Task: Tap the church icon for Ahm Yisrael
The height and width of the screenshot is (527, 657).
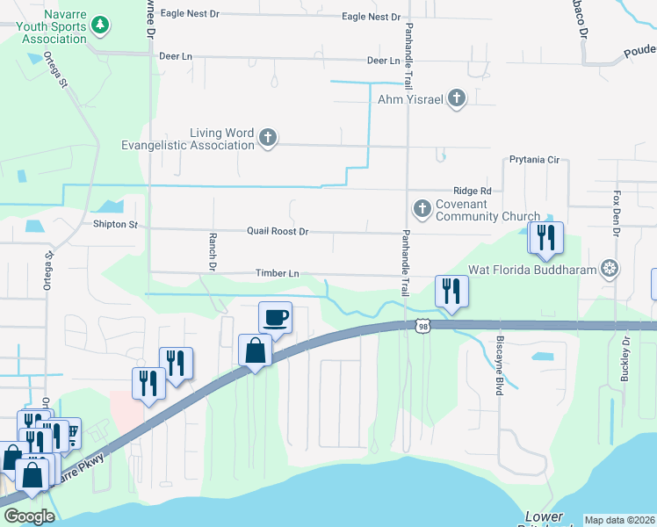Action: click(x=456, y=98)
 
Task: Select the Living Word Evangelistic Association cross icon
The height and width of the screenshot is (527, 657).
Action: click(x=269, y=137)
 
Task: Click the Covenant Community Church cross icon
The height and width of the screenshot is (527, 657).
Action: click(x=422, y=209)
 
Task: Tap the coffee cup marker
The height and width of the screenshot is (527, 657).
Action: click(x=275, y=318)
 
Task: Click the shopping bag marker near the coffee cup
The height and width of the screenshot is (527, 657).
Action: click(x=255, y=351)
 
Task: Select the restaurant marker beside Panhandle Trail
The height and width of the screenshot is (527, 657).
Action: click(x=451, y=292)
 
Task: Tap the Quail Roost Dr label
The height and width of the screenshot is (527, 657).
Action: click(x=278, y=232)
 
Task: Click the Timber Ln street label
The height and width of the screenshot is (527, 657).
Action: click(x=278, y=274)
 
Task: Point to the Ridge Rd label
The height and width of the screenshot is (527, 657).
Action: click(x=473, y=191)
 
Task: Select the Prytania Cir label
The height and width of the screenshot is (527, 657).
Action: click(x=534, y=160)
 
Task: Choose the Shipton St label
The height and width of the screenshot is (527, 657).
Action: click(x=116, y=225)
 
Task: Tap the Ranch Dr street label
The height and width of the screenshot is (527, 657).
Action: click(x=212, y=250)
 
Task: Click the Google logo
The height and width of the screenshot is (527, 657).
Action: click(x=29, y=516)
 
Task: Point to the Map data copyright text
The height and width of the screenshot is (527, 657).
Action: click(x=619, y=520)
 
